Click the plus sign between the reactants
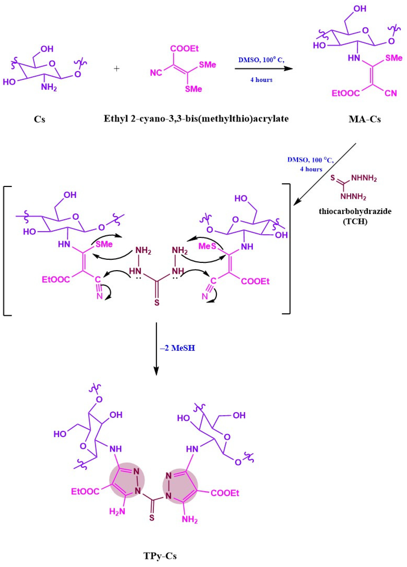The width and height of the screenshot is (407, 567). coord(117,69)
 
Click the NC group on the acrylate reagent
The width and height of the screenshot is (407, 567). coord(156,73)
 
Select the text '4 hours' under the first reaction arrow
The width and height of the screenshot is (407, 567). coord(261,80)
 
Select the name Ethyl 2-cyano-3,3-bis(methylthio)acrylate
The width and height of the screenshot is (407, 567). coord(196,119)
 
